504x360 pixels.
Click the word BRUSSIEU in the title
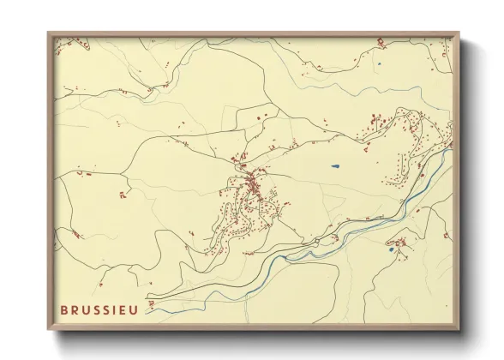point(99,309)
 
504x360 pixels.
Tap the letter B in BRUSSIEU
point(64,309)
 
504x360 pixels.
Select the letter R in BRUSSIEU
point(75,309)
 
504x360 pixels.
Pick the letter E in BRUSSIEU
point(123,309)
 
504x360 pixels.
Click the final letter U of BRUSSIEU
point(134,309)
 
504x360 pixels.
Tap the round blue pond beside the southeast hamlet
point(391,251)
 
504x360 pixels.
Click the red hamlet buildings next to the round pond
point(399,243)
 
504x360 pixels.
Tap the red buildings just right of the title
point(149,302)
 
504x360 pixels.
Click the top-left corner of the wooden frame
point(48,33)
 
